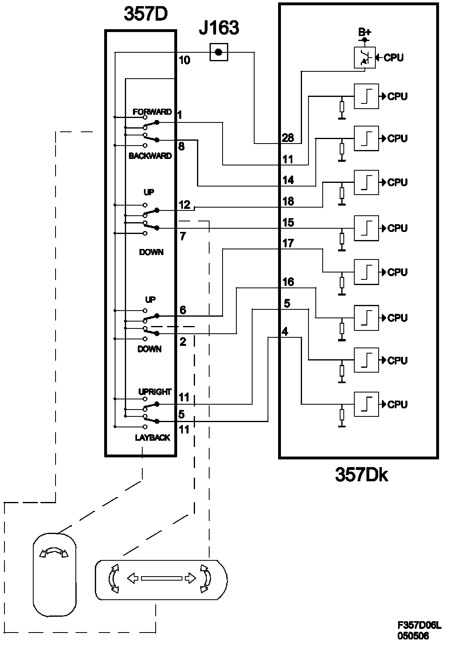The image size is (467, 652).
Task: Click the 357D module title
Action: [146, 14]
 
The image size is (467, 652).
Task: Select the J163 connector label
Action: [219, 28]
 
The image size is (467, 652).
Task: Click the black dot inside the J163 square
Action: [219, 52]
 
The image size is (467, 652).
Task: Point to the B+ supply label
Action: [364, 32]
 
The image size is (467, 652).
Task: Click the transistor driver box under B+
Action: [364, 58]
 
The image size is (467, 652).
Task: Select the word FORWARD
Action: [152, 112]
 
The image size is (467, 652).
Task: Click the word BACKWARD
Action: [150, 156]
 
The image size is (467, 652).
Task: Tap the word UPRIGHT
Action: [155, 392]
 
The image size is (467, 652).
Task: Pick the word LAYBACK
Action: [152, 438]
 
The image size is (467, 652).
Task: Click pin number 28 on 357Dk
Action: [288, 138]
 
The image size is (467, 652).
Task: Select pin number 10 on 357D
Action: [184, 60]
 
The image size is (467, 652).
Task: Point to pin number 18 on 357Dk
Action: [288, 201]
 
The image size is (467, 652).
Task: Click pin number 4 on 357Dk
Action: [285, 331]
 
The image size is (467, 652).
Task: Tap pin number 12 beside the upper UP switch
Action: [184, 205]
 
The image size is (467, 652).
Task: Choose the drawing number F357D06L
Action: [419, 625]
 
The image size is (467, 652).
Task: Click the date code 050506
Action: [413, 636]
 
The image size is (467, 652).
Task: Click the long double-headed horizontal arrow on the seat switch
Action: [161, 578]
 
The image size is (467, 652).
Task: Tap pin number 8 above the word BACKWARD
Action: [181, 146]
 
